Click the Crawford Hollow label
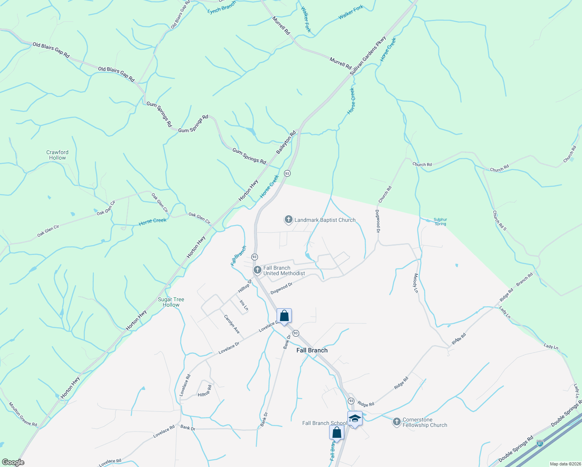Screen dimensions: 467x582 pyautogui.click(x=58, y=155)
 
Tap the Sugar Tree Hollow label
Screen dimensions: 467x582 pyautogui.click(x=171, y=302)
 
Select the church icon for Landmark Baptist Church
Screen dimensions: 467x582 pyautogui.click(x=288, y=220)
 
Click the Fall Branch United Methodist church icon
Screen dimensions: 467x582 pyautogui.click(x=257, y=270)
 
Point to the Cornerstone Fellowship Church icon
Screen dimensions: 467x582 pyautogui.click(x=396, y=422)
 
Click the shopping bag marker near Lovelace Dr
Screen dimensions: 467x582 pyautogui.click(x=284, y=316)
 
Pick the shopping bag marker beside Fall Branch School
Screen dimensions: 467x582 pyautogui.click(x=337, y=432)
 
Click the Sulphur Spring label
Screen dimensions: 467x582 pyautogui.click(x=440, y=221)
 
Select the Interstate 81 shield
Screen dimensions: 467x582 pyautogui.click(x=540, y=443)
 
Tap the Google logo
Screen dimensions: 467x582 pyautogui.click(x=13, y=462)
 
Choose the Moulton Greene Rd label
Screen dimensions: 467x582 pyautogui.click(x=23, y=414)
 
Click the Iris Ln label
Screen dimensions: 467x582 pyautogui.click(x=244, y=305)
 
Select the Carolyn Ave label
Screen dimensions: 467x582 pyautogui.click(x=232, y=324)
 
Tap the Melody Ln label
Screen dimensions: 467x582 pyautogui.click(x=415, y=283)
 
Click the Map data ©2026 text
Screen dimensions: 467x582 pyautogui.click(x=564, y=464)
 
